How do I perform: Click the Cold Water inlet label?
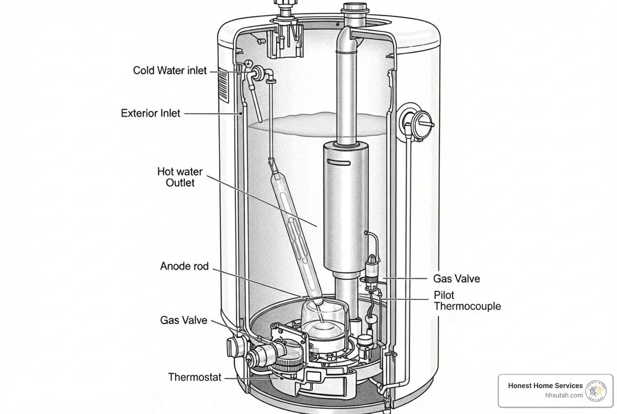pos(169,71)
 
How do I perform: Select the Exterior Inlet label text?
pos(150,113)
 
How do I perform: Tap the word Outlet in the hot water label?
pos(180,183)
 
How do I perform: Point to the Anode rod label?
pos(184,267)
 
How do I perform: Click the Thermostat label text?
pos(194,377)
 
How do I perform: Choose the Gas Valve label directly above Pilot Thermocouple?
pos(456,279)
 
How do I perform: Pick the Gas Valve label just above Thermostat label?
pos(184,321)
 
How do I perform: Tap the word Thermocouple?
pos(467,307)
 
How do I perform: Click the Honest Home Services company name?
pos(545,386)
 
